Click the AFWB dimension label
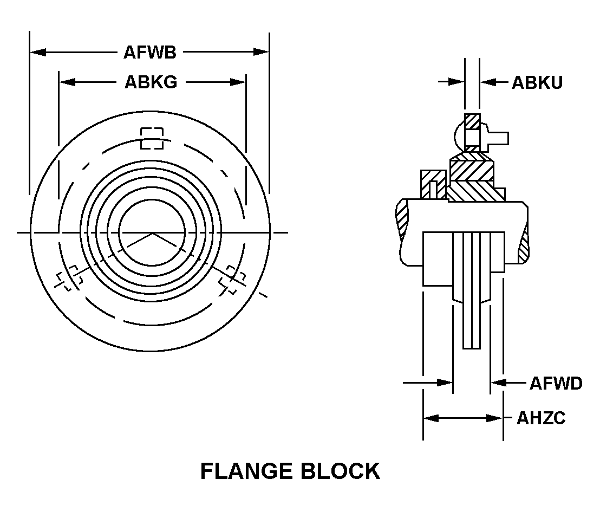click(x=149, y=53)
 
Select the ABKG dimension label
click(x=151, y=82)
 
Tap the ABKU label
click(x=537, y=82)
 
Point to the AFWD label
click(x=555, y=383)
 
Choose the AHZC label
click(x=540, y=418)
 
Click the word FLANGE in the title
click(x=247, y=471)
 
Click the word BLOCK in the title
click(x=342, y=471)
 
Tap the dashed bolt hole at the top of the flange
click(x=152, y=138)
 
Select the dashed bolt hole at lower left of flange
click(x=69, y=277)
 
